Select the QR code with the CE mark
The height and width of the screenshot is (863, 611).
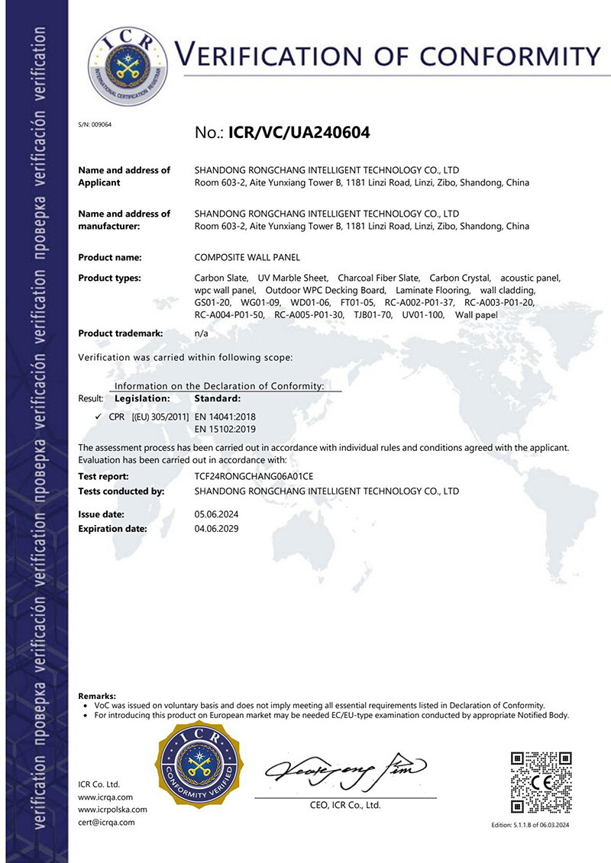(541, 781)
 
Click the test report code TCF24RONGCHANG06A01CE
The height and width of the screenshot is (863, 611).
(254, 476)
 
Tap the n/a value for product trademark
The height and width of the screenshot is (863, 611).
(202, 333)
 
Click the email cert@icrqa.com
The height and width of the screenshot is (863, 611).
(107, 822)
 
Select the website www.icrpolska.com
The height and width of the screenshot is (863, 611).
(113, 809)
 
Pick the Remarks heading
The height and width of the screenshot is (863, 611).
(97, 696)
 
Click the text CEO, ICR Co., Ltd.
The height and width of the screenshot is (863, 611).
(344, 805)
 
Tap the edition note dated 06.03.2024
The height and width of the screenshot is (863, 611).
(530, 826)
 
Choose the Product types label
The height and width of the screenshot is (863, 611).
(110, 278)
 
